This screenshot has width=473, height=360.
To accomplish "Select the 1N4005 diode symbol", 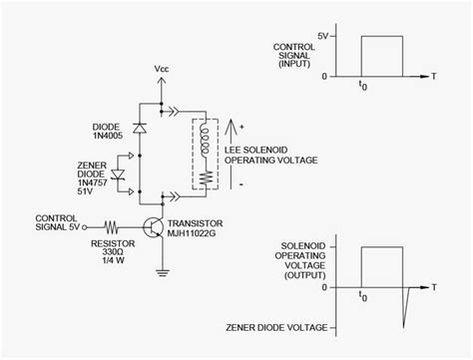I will pyautogui.click(x=138, y=127).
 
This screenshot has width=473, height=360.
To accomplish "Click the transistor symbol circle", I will pyautogui.click(x=157, y=227).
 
